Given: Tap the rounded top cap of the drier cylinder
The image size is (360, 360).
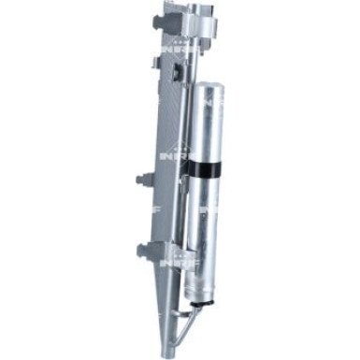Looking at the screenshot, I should coord(207,89).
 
